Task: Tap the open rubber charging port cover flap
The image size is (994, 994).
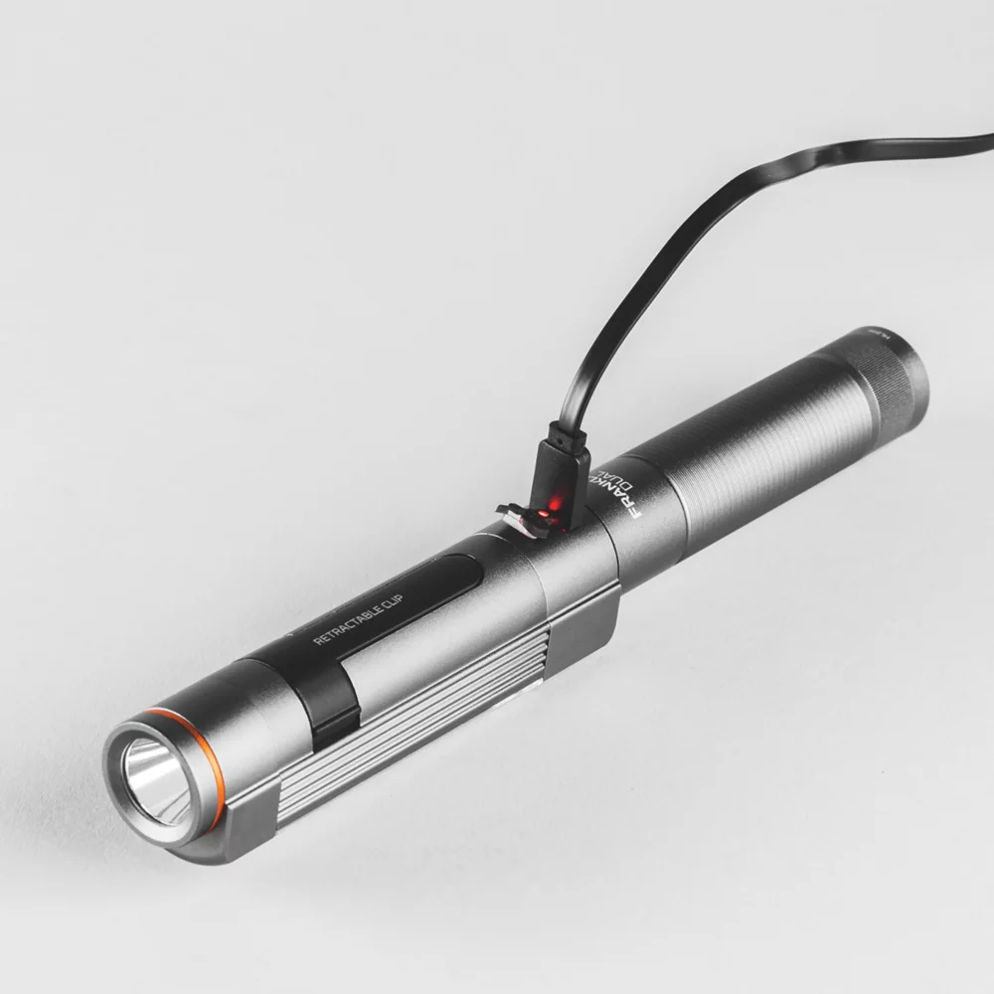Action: coord(518,516)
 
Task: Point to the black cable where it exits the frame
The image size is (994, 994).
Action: coord(979,140)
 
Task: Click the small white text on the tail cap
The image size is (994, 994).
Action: coord(874,338)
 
